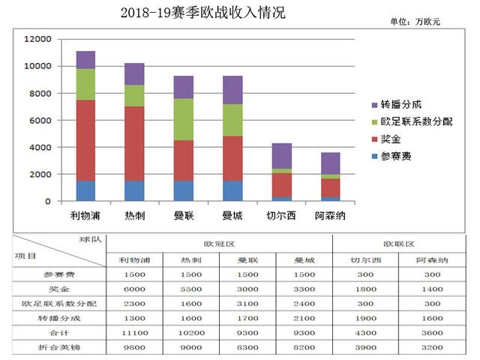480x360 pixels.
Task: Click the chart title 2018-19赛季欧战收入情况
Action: tap(202, 13)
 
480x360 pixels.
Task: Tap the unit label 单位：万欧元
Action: tap(415, 22)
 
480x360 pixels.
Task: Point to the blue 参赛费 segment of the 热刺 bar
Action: tap(134, 190)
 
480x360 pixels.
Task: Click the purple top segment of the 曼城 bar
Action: tap(232, 90)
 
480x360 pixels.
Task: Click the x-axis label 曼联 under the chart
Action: tap(184, 215)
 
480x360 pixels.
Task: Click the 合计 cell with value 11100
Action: tap(134, 332)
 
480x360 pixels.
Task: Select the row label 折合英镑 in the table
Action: tap(58, 346)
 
